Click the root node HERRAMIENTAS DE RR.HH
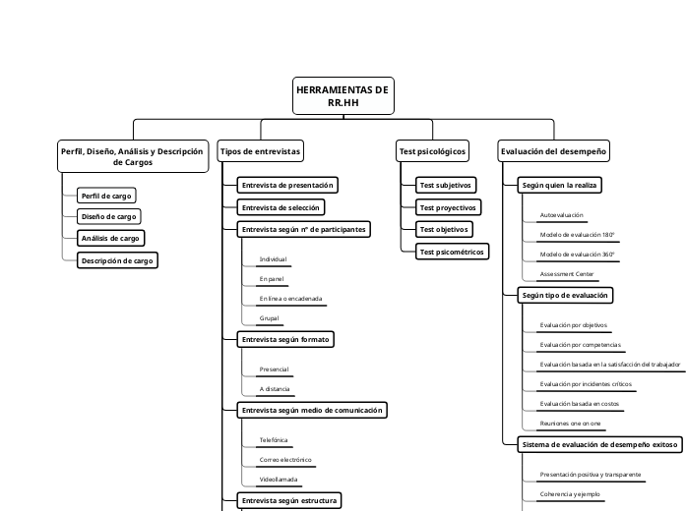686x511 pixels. (343, 96)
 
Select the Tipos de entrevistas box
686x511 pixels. (260, 151)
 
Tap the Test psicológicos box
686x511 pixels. (432, 151)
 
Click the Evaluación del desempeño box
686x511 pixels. (554, 151)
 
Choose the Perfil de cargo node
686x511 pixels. (106, 196)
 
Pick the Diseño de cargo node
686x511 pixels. (109, 216)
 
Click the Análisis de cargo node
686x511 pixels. (110, 238)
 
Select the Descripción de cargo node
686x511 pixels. (117, 260)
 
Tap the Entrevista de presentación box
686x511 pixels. (288, 185)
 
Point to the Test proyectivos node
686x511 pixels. (448, 207)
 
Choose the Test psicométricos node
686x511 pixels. (452, 252)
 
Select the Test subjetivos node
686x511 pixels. (446, 185)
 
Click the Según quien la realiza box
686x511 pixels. (560, 185)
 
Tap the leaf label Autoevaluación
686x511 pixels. (562, 214)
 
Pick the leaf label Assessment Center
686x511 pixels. (567, 273)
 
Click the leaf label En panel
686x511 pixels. (272, 279)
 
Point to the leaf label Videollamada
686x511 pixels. (279, 480)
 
